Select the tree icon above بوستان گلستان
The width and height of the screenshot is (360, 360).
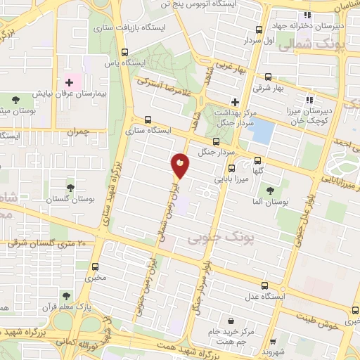click(x=70, y=187)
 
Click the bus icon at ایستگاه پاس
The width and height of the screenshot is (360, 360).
click(x=125, y=52)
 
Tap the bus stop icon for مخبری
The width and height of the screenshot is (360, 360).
click(x=95, y=266)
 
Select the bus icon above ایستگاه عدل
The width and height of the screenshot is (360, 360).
click(x=264, y=285)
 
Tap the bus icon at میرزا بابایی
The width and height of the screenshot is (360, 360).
click(x=231, y=167)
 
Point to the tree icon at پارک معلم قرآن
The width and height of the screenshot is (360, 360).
click(x=66, y=296)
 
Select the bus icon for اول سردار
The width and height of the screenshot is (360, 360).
click(x=259, y=30)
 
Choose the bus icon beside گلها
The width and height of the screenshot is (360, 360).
click(x=259, y=159)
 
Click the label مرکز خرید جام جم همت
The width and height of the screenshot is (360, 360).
click(x=227, y=335)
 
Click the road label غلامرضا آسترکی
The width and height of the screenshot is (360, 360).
click(x=163, y=89)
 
